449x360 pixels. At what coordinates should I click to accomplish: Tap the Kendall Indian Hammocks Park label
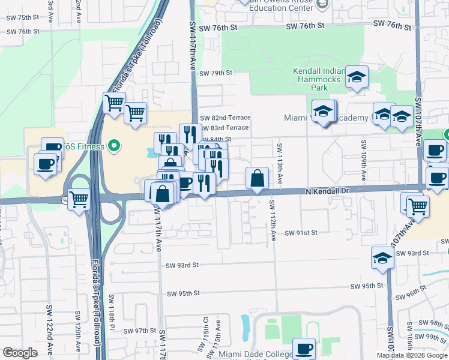pos(319,79)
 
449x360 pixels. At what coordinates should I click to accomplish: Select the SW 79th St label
pos(216,73)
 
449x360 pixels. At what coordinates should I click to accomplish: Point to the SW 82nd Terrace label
pos(225,118)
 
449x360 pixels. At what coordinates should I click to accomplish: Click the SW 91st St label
pos(300,233)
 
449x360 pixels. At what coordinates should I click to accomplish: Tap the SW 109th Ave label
pos(363,160)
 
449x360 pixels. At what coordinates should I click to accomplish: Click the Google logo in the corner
pos(20,353)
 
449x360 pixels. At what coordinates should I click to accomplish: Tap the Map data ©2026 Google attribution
pos(412,355)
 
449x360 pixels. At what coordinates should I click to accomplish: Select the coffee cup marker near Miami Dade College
pos(304,348)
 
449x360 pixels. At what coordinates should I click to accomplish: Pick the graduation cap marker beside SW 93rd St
pos(382,257)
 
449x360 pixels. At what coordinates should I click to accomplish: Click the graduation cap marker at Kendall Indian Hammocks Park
pos(357,76)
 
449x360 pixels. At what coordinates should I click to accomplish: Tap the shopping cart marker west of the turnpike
pos(79,199)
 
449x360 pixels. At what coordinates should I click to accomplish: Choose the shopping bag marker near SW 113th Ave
pos(257,178)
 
